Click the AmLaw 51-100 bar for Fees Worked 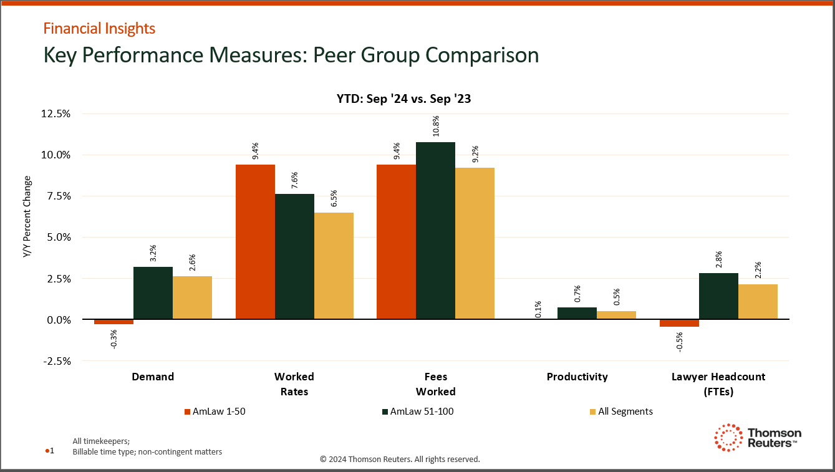(x=435, y=231)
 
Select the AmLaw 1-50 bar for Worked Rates (x=255, y=242)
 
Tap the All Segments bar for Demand (x=192, y=298)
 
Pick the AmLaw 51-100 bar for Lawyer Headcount (x=718, y=296)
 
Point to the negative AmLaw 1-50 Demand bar (x=113, y=322)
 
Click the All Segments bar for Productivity (x=616, y=315)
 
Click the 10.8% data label (x=436, y=127)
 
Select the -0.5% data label (x=680, y=342)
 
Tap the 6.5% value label (x=334, y=197)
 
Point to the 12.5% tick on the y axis (x=56, y=113)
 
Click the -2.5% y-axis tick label (x=56, y=361)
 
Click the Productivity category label (x=577, y=377)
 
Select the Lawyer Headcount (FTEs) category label (x=718, y=384)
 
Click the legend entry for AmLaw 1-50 (x=210, y=412)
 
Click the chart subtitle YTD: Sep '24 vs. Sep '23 (x=400, y=99)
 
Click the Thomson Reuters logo (x=757, y=438)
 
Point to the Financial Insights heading (x=99, y=28)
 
